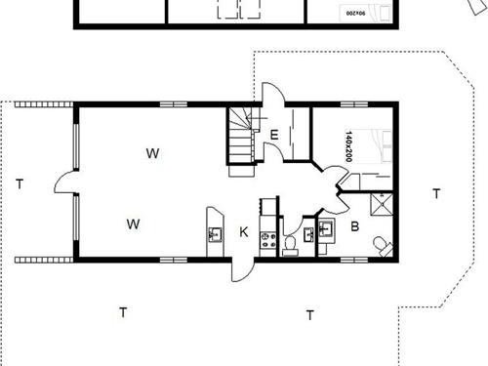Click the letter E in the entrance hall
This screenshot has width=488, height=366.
(275, 135)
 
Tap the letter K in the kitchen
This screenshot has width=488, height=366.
(244, 232)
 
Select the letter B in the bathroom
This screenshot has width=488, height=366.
(355, 227)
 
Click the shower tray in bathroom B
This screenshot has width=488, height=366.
(380, 204)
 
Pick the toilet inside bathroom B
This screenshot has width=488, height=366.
(382, 244)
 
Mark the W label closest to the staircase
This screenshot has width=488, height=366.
(152, 152)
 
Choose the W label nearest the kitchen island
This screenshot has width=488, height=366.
(133, 224)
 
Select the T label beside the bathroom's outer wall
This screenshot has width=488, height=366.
(435, 193)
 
